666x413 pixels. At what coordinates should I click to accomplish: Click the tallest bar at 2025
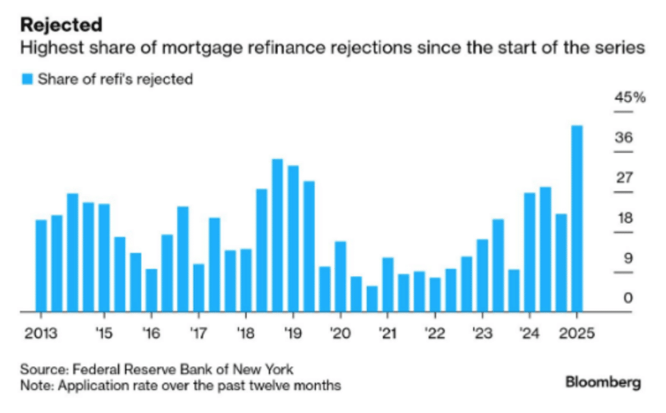576,218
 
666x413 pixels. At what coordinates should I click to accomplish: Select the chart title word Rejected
61,25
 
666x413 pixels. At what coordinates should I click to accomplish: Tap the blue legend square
27,79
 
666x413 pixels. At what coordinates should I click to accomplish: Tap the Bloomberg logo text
603,382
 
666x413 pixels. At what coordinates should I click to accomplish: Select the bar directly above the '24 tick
529,252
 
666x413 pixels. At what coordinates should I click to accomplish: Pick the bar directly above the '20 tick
340,276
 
